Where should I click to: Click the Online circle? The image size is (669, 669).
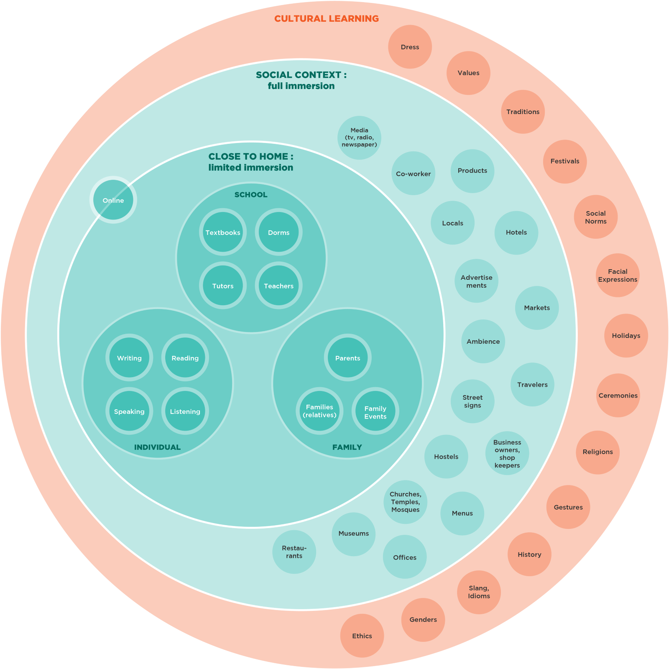(113, 200)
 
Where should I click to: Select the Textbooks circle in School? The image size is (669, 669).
(223, 232)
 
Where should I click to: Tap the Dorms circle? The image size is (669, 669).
(278, 232)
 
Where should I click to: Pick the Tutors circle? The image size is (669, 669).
(223, 286)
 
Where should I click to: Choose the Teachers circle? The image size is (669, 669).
(278, 286)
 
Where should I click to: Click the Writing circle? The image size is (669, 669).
(129, 358)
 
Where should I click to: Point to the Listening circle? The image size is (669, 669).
(185, 411)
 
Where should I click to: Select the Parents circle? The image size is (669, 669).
(347, 358)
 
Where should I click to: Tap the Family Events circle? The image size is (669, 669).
(375, 412)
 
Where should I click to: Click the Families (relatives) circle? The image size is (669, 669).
(319, 411)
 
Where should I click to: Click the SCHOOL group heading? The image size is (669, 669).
(251, 195)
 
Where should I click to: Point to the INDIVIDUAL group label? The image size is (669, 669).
(157, 447)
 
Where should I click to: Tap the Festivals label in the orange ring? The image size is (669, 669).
(565, 161)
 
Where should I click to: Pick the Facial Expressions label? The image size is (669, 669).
(618, 276)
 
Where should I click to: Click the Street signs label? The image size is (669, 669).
(472, 401)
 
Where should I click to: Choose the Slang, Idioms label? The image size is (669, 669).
(479, 592)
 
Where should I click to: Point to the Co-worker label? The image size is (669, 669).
(413, 174)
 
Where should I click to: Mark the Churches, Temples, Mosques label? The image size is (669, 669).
(405, 502)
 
